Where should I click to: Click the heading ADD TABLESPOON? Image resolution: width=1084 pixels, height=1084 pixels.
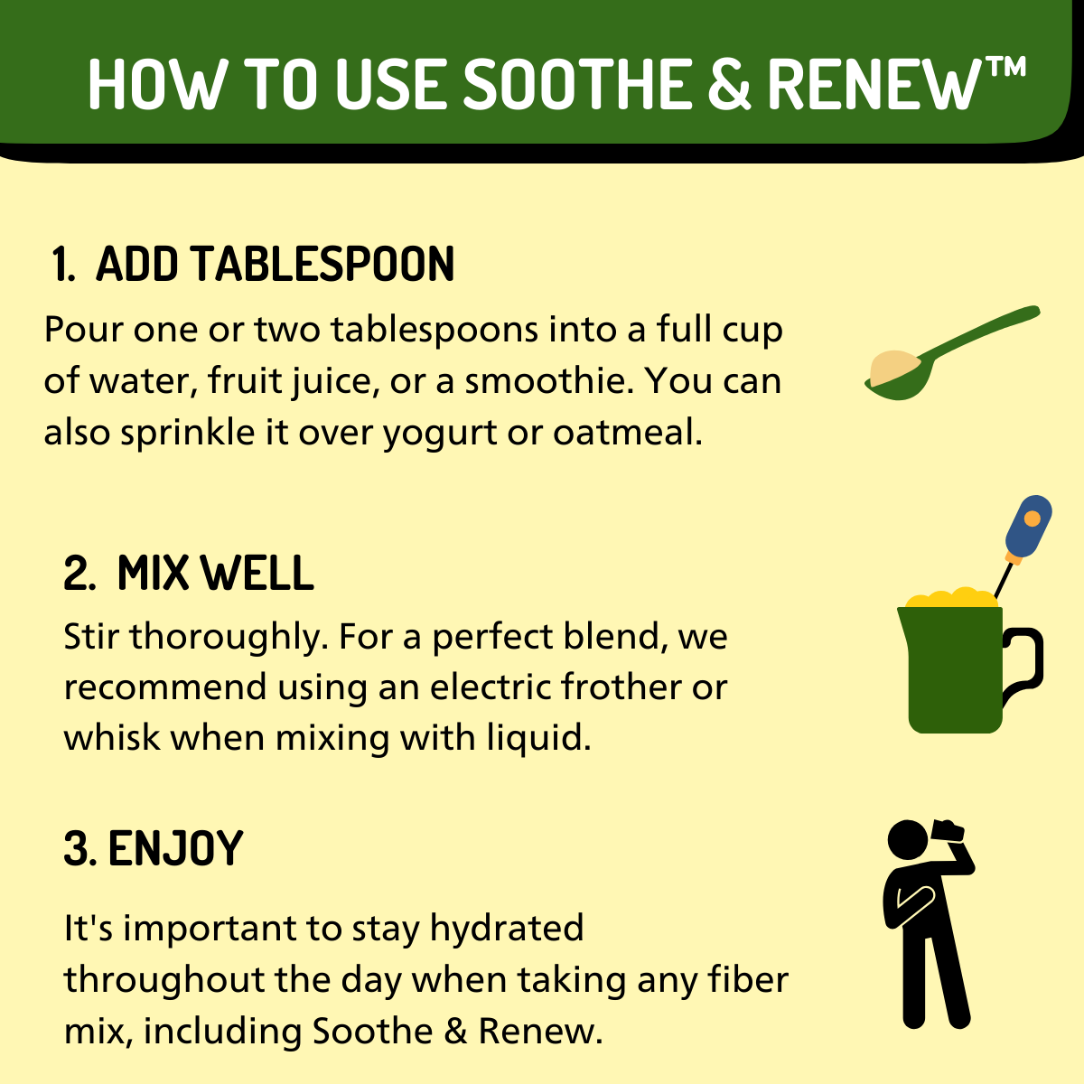click(x=275, y=265)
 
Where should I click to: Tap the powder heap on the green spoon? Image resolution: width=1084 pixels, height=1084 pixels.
click(x=893, y=366)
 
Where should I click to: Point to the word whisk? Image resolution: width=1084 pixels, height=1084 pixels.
click(x=111, y=738)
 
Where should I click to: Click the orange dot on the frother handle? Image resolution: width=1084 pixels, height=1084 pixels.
click(x=1033, y=519)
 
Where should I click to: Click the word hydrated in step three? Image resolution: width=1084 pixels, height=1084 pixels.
click(x=507, y=929)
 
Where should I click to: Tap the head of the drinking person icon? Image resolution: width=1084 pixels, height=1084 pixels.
click(x=908, y=840)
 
